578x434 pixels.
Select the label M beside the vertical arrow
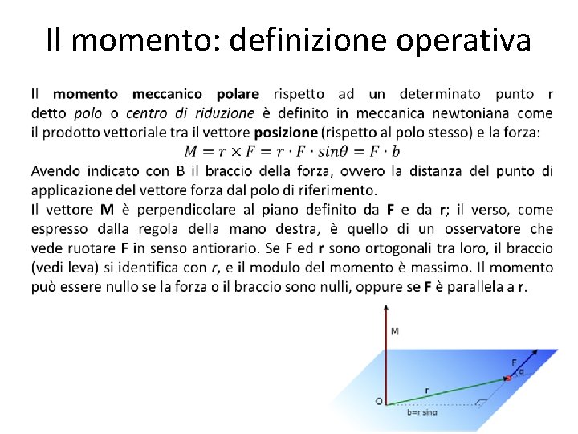pos(394,332)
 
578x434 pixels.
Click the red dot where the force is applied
pos(507,377)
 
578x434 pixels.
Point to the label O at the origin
pos(378,400)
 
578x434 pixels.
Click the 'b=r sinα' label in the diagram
pos(421,412)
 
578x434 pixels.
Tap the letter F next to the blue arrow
pos(515,362)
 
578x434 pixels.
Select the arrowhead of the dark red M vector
pos(387,308)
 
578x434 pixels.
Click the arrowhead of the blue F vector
pos(535,351)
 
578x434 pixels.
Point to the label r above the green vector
pos(426,391)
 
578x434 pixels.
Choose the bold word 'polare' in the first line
pos(238,94)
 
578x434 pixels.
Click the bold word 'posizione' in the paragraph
pos(286,132)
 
